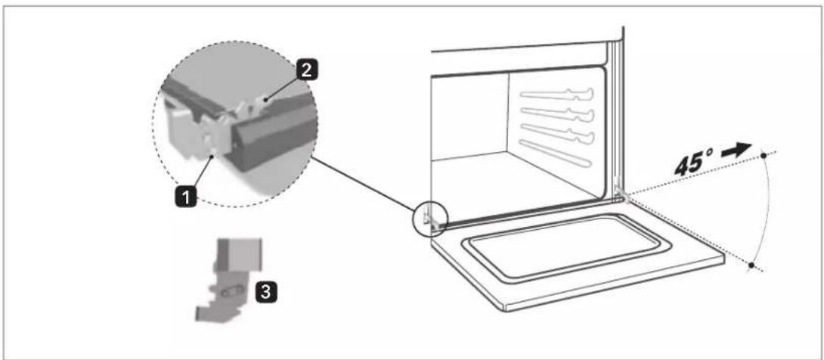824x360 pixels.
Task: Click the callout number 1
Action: coord(188,198)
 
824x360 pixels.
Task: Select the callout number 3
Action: coord(266,292)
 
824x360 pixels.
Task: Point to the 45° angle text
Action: coord(695,163)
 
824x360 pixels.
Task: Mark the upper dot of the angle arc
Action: coord(763,156)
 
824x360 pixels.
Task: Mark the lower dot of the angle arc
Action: coord(752,265)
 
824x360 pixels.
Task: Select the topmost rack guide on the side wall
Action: coord(557,95)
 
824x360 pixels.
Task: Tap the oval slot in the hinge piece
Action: coord(232,290)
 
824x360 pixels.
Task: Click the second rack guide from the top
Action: coord(557,113)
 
